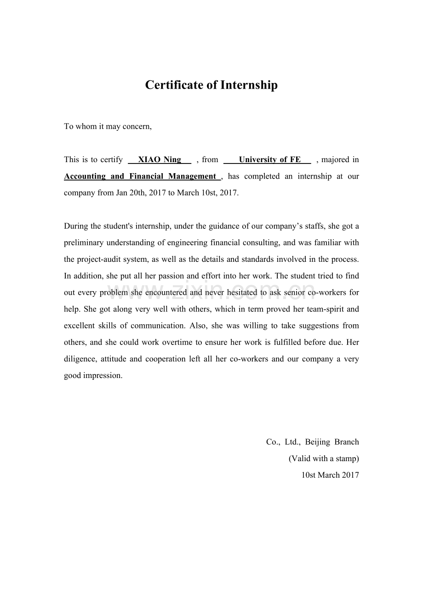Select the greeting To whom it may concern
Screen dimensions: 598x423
coord(108,126)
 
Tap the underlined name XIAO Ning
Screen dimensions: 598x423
coord(160,159)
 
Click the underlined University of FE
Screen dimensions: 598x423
coord(269,159)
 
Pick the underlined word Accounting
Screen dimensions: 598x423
coord(85,176)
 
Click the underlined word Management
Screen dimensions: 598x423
coord(192,176)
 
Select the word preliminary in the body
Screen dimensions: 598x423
coord(84,243)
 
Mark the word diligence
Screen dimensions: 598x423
coord(80,359)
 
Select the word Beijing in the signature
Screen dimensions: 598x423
coord(317,442)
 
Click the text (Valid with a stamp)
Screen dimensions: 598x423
coord(324,458)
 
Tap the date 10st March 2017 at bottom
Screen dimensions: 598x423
coord(330,475)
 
